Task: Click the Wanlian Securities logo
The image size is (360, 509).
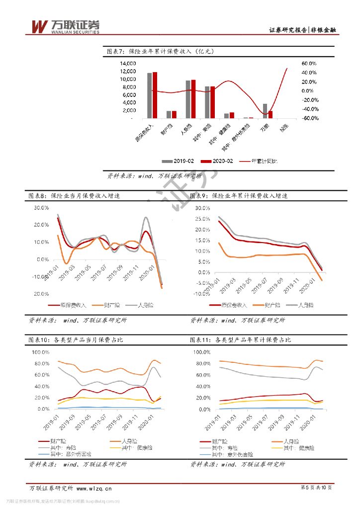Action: click(x=65, y=27)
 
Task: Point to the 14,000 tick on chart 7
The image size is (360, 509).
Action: click(x=128, y=64)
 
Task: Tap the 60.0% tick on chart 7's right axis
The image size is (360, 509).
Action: click(x=309, y=64)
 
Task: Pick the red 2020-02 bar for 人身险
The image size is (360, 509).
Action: click(x=193, y=99)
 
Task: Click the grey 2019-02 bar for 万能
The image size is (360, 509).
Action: click(x=265, y=111)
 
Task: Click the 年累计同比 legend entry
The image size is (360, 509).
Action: click(x=259, y=161)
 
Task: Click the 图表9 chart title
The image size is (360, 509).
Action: click(x=239, y=196)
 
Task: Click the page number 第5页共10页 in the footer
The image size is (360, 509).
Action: click(x=316, y=488)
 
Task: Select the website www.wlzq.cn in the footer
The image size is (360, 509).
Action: click(x=94, y=488)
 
